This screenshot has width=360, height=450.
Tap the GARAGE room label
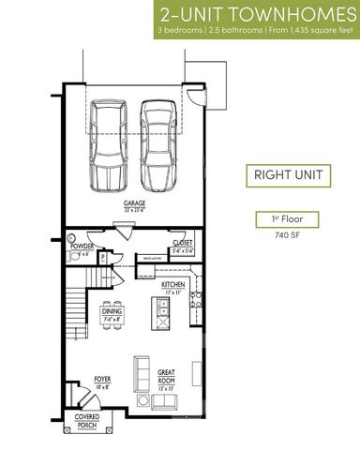click(134, 203)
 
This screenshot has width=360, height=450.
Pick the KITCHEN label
click(172, 284)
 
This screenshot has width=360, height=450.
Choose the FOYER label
click(103, 379)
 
